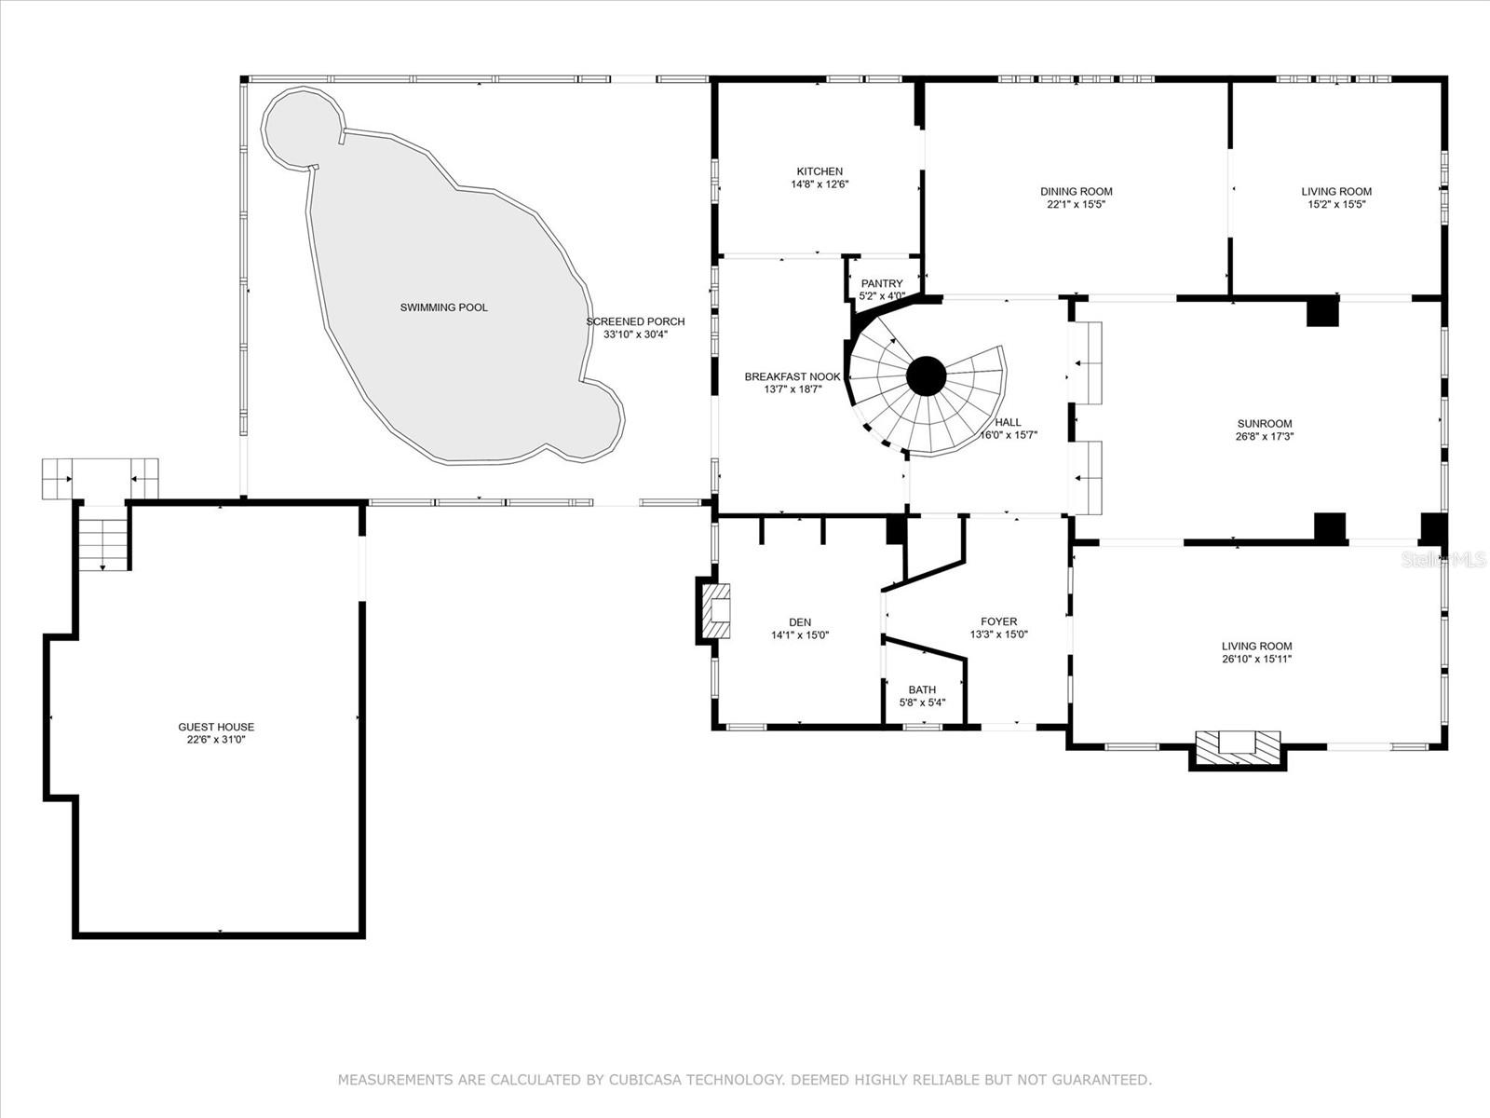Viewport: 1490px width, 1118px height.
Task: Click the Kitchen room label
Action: click(819, 171)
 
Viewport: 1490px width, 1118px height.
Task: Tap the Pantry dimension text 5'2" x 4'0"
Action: click(881, 296)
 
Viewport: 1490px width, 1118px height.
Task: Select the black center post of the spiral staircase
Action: click(927, 376)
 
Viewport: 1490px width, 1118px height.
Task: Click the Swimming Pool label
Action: click(443, 307)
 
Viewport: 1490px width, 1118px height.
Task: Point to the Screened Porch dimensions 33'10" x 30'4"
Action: click(635, 334)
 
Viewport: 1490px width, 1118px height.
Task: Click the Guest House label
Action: click(216, 727)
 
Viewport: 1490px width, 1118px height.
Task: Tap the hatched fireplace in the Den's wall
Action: click(716, 611)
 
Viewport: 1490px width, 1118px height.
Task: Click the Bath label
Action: click(922, 690)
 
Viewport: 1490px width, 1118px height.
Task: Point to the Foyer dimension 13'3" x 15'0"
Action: click(998, 634)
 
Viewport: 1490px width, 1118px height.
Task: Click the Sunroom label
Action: click(1265, 424)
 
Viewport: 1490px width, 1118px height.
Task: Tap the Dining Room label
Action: click(1076, 192)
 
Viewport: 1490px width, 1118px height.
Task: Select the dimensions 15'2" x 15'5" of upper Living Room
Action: click(1336, 204)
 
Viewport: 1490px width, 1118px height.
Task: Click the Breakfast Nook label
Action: click(792, 377)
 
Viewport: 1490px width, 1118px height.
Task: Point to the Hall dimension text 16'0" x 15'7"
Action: click(1008, 435)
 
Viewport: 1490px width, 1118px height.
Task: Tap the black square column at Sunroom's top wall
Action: click(1321, 311)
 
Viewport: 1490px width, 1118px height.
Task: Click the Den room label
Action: click(799, 622)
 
